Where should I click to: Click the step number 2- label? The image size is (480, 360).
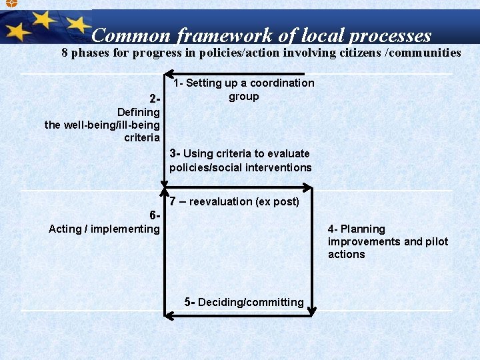pyautogui.click(x=154, y=99)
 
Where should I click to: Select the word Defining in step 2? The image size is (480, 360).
pyautogui.click(x=138, y=112)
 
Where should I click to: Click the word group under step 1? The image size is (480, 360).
pyautogui.click(x=243, y=96)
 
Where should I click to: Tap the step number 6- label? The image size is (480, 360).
pyautogui.click(x=155, y=216)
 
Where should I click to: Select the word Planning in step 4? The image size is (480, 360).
pyautogui.click(x=363, y=229)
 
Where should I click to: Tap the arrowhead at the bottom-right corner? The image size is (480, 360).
pyautogui.click(x=313, y=309)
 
